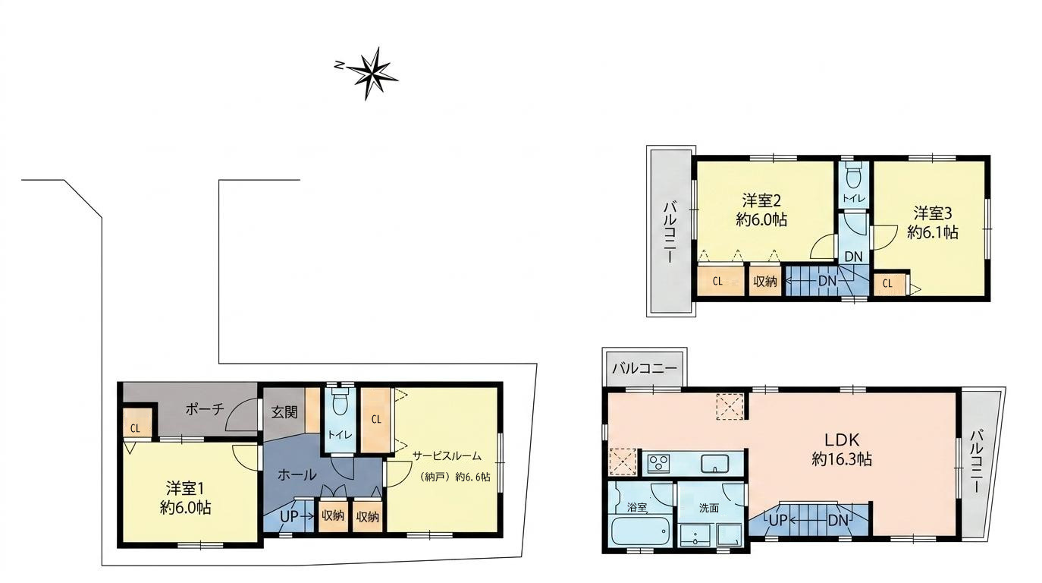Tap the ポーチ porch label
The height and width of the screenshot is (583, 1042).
[x=205, y=410]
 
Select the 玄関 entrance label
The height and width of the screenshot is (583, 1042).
[x=284, y=412]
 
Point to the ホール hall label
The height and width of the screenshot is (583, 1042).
[x=297, y=475]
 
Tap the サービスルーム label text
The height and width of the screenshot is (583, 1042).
[x=447, y=456]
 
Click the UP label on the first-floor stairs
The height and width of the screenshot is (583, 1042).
[x=289, y=516]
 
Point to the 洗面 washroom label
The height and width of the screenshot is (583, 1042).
[x=709, y=508]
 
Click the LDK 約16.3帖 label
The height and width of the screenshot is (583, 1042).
[x=842, y=450]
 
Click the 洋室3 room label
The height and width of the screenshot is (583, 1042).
[x=933, y=213]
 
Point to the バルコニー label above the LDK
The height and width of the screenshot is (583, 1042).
[x=645, y=369]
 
